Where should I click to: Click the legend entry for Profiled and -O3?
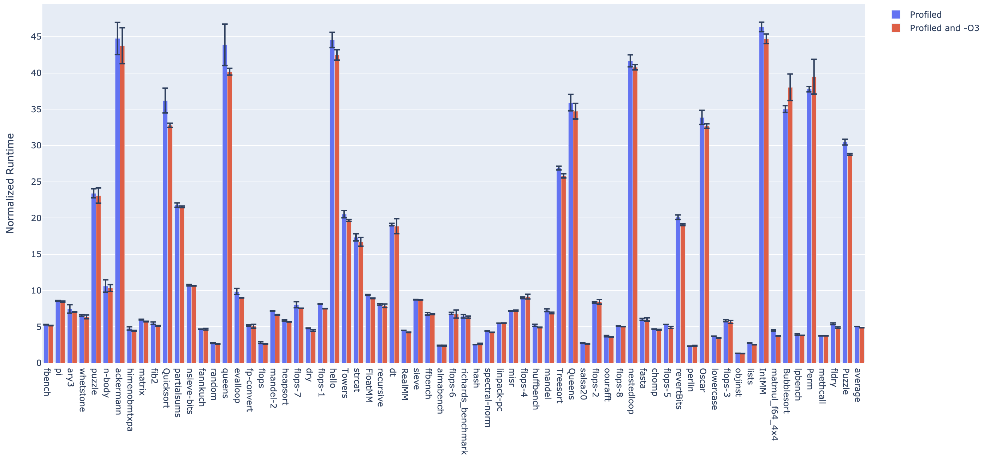coord(944,28)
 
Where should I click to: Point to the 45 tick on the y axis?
coord(36,37)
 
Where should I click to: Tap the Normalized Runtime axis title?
coord(10,183)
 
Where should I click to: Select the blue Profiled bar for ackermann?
coord(118,201)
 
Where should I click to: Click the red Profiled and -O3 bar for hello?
coord(337,209)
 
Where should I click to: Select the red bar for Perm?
coord(814,220)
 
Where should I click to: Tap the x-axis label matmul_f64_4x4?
coord(774,404)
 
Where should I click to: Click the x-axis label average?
coord(857,385)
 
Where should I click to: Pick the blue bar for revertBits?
coord(678,290)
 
